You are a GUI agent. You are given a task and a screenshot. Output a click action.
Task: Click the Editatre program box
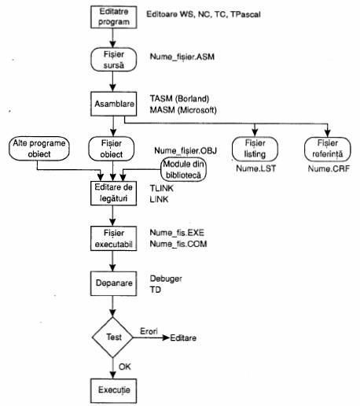point(113,17)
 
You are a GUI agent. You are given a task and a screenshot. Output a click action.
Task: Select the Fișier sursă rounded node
point(113,60)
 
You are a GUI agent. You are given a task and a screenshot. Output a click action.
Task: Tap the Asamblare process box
point(113,104)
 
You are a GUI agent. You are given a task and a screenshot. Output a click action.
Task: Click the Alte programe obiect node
point(39,149)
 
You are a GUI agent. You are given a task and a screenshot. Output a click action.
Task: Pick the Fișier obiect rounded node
point(112,149)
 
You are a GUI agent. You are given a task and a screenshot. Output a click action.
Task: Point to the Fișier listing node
point(255,149)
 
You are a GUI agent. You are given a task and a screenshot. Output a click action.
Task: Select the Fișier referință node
point(328,149)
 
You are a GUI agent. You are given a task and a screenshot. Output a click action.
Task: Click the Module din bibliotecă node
point(183,169)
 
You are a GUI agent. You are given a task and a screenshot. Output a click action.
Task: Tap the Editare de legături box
point(113,193)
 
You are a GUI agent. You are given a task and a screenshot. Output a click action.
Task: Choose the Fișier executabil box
point(113,238)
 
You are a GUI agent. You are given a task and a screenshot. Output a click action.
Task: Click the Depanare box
point(113,283)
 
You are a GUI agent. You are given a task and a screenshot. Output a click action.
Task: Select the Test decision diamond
point(112,338)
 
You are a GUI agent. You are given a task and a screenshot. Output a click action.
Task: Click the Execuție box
point(113,391)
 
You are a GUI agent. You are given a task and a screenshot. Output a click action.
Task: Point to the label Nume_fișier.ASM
point(182,57)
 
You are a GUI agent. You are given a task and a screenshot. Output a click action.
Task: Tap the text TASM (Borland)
point(179,99)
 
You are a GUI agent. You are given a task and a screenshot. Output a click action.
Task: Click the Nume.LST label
point(256,168)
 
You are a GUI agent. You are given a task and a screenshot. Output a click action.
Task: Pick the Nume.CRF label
point(329,168)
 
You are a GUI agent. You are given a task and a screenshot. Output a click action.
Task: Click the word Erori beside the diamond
point(149,331)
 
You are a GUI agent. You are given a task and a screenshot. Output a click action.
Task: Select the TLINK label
point(162,188)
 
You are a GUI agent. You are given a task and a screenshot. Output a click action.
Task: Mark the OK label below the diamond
point(125,367)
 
